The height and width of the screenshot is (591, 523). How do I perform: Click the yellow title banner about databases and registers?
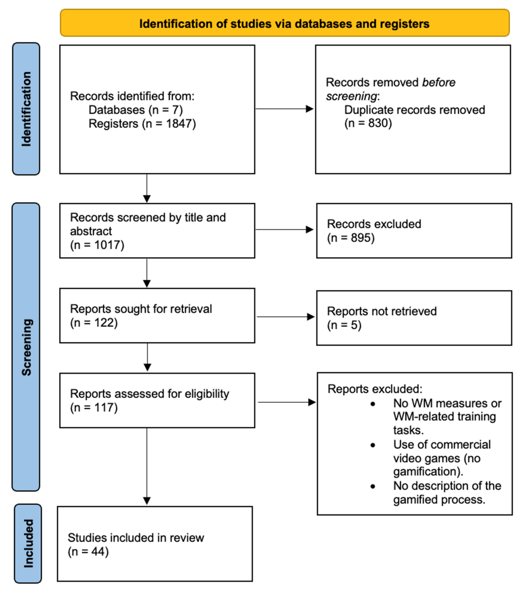tap(284, 23)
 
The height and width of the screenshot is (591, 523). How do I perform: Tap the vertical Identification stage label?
tap(26, 109)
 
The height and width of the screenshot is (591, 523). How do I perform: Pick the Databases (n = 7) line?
tap(136, 110)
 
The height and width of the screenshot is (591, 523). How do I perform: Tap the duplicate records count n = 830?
tap(368, 123)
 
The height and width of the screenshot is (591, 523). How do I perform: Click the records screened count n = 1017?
tap(97, 245)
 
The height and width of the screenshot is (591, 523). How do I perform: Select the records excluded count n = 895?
tap(351, 238)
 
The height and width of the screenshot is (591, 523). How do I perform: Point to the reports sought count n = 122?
tap(94, 322)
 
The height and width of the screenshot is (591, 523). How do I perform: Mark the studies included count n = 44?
tap(88, 551)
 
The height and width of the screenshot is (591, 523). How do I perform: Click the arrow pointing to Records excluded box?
tap(284, 230)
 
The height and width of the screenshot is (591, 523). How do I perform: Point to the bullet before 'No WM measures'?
tap(373, 404)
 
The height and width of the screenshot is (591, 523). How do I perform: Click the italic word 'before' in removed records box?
tap(439, 82)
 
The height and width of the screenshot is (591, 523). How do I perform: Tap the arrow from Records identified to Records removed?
tap(284, 109)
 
